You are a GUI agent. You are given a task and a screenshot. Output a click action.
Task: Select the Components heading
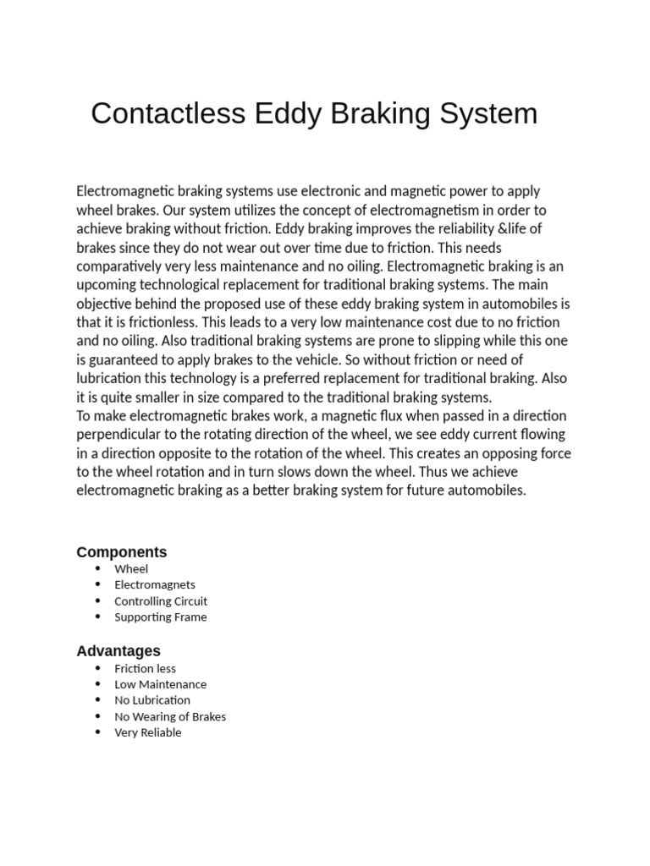[122, 552]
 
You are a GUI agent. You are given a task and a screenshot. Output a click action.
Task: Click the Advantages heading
[118, 651]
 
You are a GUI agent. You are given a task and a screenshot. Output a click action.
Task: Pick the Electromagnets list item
[155, 584]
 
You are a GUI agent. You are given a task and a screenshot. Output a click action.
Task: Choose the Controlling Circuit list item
[161, 601]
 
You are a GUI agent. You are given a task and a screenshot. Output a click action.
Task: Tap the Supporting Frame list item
[161, 617]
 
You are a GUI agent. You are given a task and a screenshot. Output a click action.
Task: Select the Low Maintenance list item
[161, 684]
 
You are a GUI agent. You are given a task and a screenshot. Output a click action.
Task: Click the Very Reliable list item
[148, 732]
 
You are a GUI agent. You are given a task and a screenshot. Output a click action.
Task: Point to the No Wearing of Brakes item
[170, 716]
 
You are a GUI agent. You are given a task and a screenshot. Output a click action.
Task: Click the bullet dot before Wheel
[99, 569]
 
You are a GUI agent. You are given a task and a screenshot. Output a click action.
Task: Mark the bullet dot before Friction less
[99, 668]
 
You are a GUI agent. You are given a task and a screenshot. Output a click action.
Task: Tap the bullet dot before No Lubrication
[99, 700]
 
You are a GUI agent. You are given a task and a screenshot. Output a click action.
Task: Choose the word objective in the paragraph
[105, 304]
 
